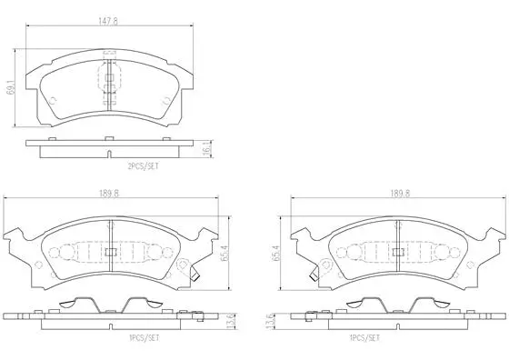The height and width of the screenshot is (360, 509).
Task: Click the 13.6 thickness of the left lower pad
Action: pos(233,320)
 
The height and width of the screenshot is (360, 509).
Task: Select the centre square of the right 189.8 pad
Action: pos(398,252)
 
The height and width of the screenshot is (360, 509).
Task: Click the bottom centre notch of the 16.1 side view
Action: pos(109,151)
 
